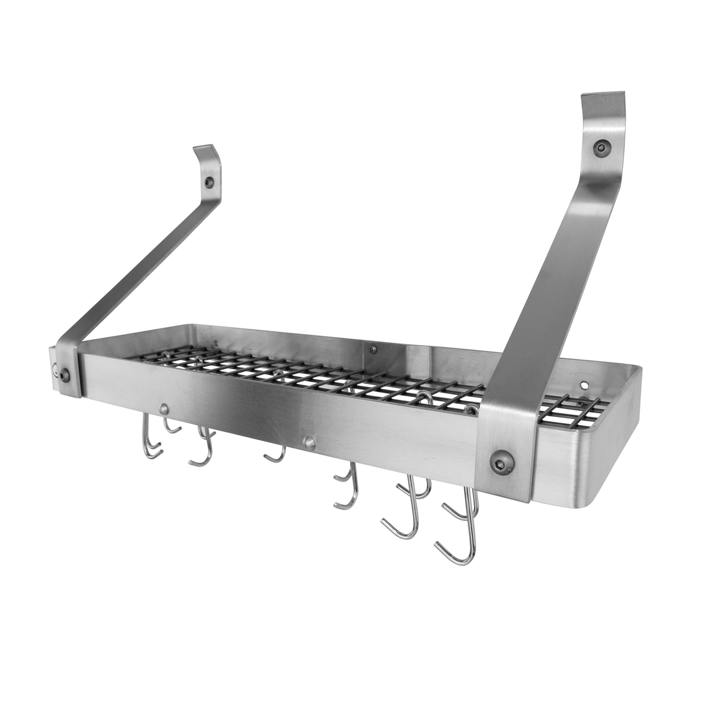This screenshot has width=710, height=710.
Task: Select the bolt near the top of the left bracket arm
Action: click(x=209, y=181)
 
